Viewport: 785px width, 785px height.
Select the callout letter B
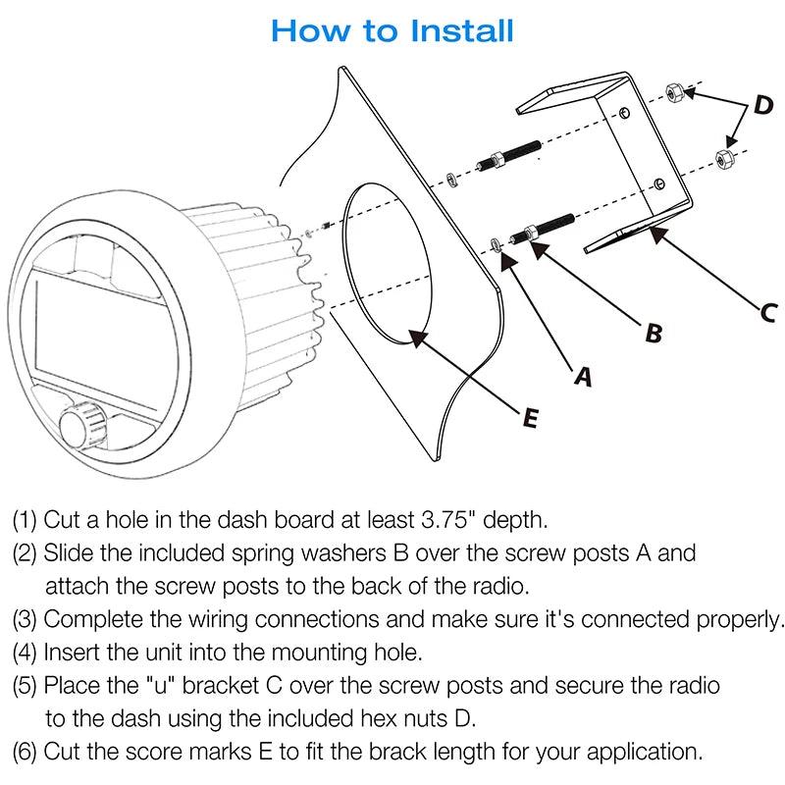pos(653,333)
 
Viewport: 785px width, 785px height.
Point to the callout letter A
pos(583,375)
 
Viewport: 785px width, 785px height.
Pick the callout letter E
pos(529,418)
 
